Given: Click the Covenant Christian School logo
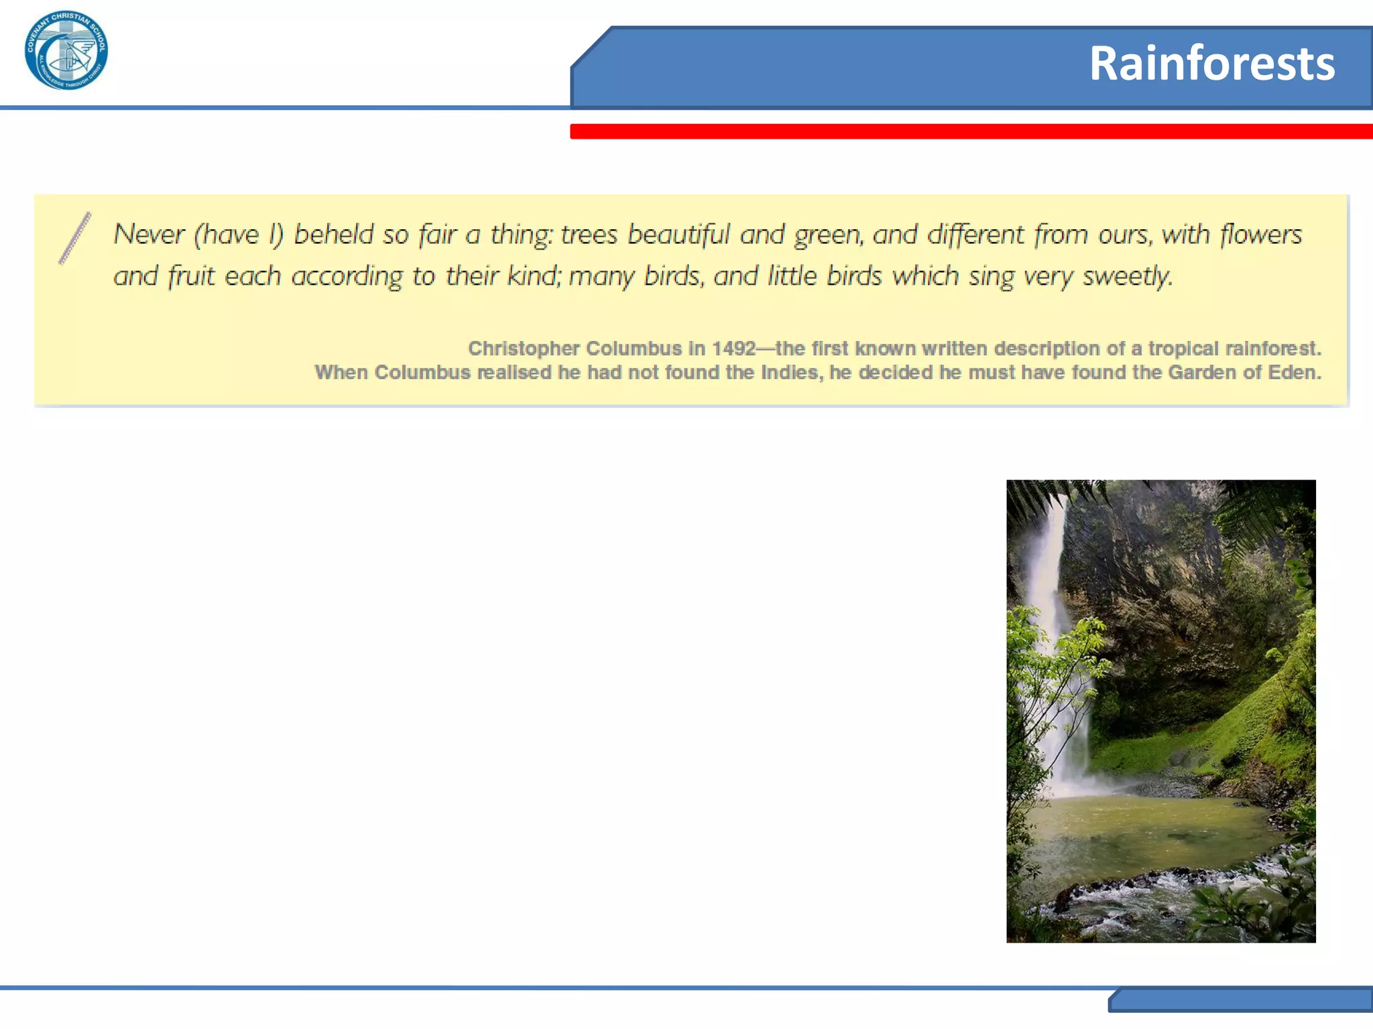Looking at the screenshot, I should coord(66,51).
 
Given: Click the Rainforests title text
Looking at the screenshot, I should coord(1211,64).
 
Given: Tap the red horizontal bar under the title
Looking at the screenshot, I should coord(971,131).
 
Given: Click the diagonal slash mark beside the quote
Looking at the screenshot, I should coord(74,238).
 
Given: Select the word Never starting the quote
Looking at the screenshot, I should coord(149,234).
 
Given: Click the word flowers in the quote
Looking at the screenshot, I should coord(1260,234).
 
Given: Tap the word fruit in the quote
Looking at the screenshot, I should coord(190,276).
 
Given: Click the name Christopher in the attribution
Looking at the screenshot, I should coord(524,348).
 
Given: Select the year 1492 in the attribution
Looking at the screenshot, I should coord(733,348).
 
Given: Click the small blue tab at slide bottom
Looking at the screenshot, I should coord(1240,1000).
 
